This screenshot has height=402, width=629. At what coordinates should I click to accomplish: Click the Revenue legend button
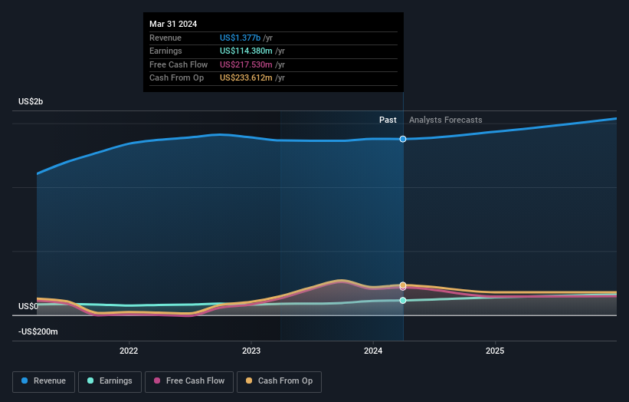pos(44,381)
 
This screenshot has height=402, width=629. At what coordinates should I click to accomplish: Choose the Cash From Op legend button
pos(280,381)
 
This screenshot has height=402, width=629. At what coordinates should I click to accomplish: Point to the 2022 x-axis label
pos(129,351)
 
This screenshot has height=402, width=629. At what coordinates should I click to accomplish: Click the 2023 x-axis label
pos(251,351)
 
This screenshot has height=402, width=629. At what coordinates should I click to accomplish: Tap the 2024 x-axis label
pos(372,351)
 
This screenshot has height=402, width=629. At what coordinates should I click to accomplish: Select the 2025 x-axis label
pos(495,351)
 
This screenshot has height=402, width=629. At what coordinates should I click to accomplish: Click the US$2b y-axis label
pos(31,102)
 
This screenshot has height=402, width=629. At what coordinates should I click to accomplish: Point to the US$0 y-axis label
pos(28,306)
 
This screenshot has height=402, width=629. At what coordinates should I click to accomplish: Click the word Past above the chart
pos(388,120)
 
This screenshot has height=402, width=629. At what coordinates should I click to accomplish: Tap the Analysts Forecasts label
pos(445,120)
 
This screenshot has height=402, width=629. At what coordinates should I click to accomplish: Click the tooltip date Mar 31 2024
pos(173,24)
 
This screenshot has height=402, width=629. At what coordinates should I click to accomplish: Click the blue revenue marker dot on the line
pos(403,139)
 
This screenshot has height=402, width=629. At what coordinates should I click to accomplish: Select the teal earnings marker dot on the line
pos(403,300)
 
